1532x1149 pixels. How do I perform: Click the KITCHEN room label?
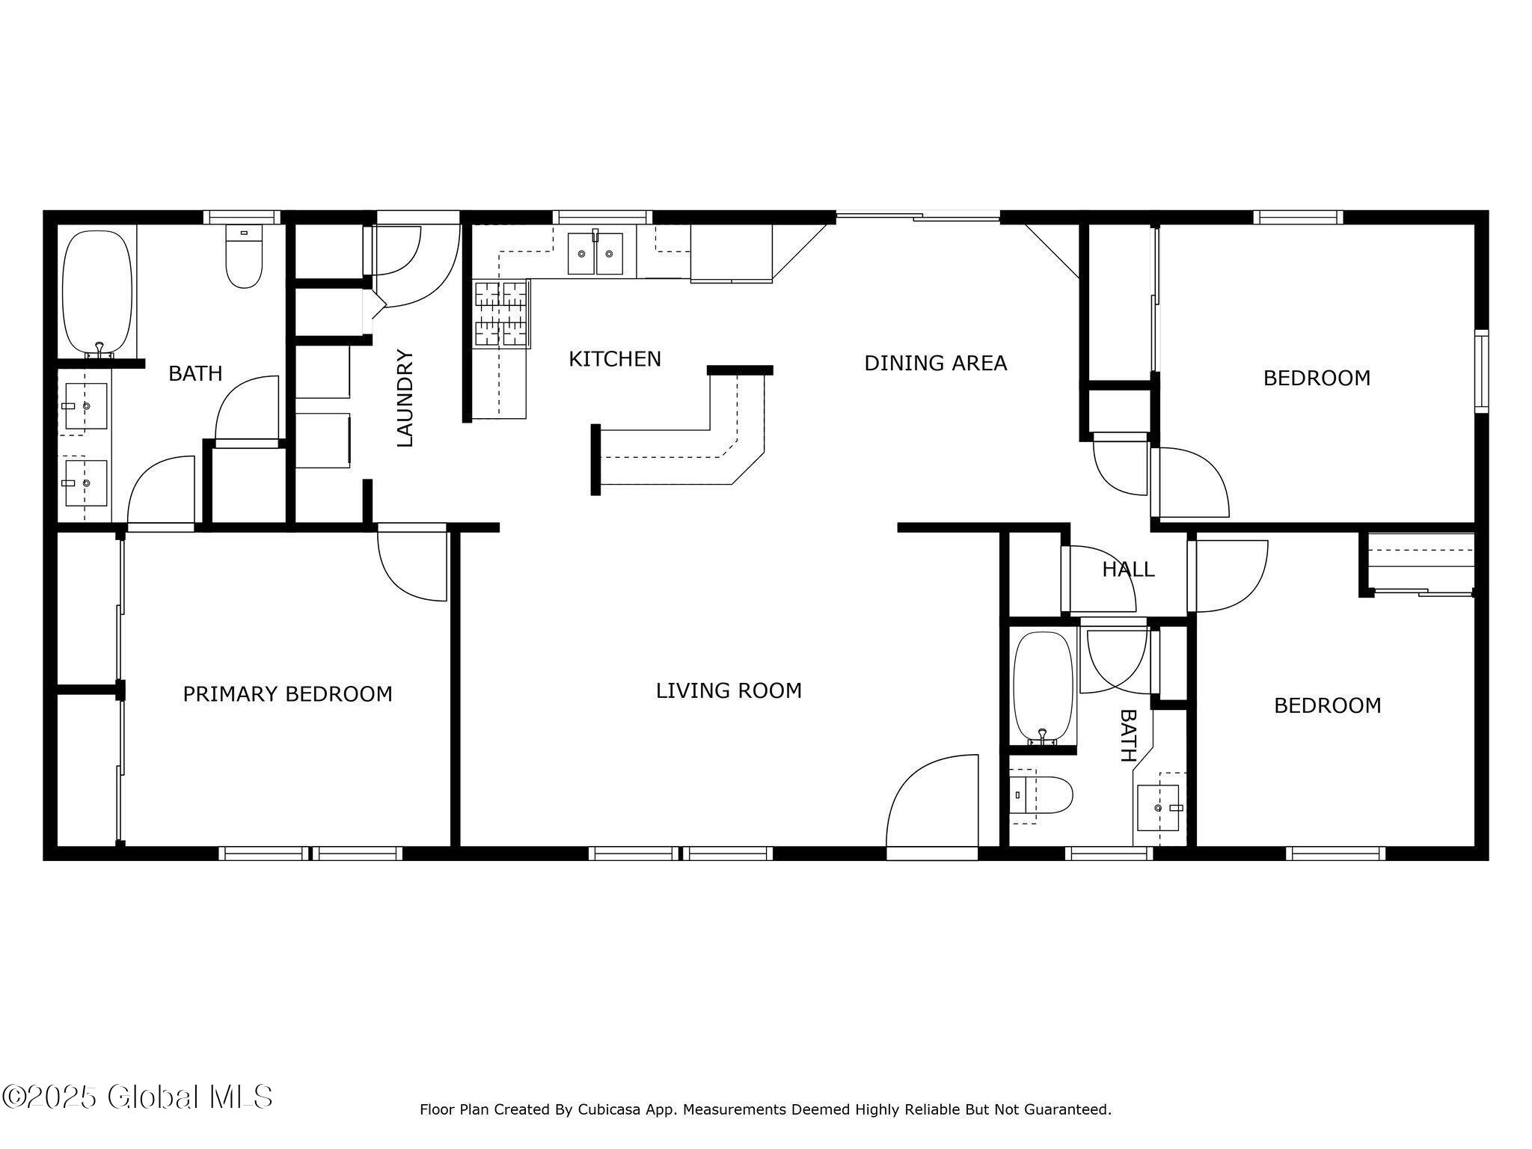pyautogui.click(x=615, y=360)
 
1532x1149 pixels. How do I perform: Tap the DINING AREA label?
pyautogui.click(x=935, y=364)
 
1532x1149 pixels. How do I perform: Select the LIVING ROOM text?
pyautogui.click(x=729, y=691)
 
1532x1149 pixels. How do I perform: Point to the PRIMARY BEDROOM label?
pyautogui.click(x=287, y=694)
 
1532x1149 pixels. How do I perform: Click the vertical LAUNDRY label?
pyautogui.click(x=405, y=398)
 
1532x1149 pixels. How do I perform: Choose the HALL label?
pyautogui.click(x=1128, y=570)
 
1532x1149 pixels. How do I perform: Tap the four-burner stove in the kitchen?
pyautogui.click(x=501, y=314)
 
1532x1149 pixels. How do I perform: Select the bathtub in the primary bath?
pyautogui.click(x=97, y=292)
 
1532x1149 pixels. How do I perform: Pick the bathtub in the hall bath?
pyautogui.click(x=1043, y=688)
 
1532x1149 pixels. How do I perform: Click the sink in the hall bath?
pyautogui.click(x=1158, y=808)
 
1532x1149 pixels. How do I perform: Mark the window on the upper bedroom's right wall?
pyautogui.click(x=1481, y=371)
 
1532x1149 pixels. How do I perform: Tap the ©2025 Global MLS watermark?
pyautogui.click(x=137, y=1097)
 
